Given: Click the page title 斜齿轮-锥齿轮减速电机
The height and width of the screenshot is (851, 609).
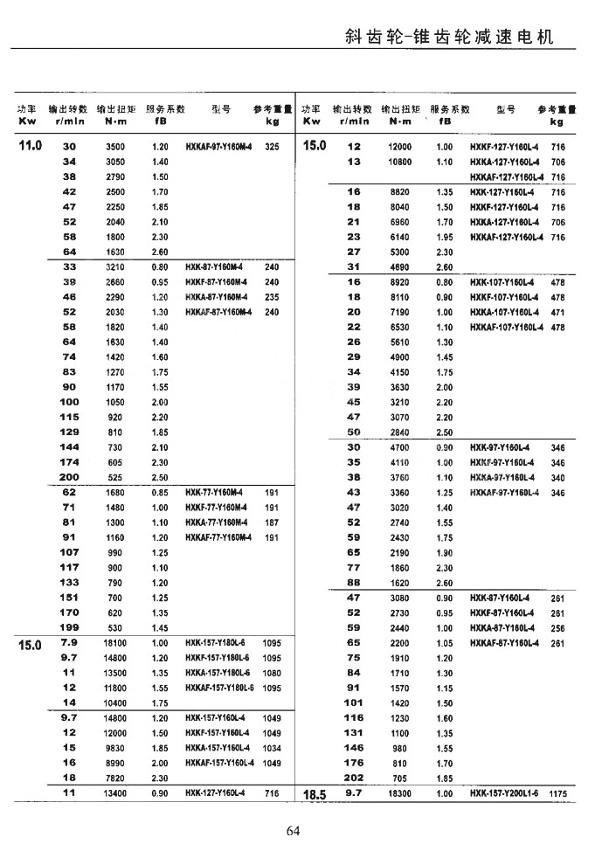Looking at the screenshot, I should click(x=449, y=38).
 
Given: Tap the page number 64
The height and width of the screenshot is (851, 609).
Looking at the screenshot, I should click(x=293, y=830).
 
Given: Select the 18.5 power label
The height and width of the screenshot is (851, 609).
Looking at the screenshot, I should click(x=314, y=796).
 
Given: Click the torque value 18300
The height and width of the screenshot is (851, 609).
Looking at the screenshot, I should click(x=400, y=794).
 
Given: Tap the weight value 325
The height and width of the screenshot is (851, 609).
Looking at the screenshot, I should click(x=272, y=147).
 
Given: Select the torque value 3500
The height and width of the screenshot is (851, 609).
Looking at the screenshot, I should click(x=115, y=147).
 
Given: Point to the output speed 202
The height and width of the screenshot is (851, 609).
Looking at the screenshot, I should click(x=353, y=778).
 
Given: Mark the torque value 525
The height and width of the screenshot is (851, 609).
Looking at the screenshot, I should click(x=115, y=477).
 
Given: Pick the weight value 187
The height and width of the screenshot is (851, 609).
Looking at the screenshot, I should click(x=272, y=522).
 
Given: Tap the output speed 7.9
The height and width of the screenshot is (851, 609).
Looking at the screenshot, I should click(x=70, y=642).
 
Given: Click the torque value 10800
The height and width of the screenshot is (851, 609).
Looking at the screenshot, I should click(x=400, y=162).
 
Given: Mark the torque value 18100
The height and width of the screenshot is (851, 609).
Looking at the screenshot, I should click(x=115, y=643).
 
